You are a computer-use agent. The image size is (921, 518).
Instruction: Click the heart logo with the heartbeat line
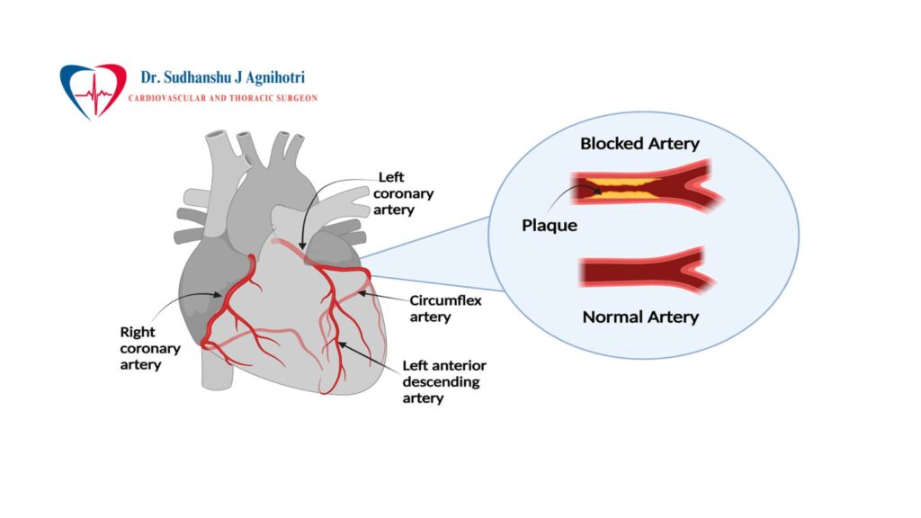[x=93, y=89]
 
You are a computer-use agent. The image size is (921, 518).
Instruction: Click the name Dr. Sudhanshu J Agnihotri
[x=222, y=78]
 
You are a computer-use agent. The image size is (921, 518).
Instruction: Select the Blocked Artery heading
[x=639, y=143]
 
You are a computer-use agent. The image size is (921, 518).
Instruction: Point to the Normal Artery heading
[x=640, y=317]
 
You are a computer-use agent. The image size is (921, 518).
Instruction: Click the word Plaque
[x=549, y=225]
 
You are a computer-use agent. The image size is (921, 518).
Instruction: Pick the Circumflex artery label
[x=446, y=308]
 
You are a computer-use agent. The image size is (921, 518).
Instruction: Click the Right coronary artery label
[x=150, y=347]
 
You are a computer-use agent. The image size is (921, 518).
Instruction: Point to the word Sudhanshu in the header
[x=209, y=78]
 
